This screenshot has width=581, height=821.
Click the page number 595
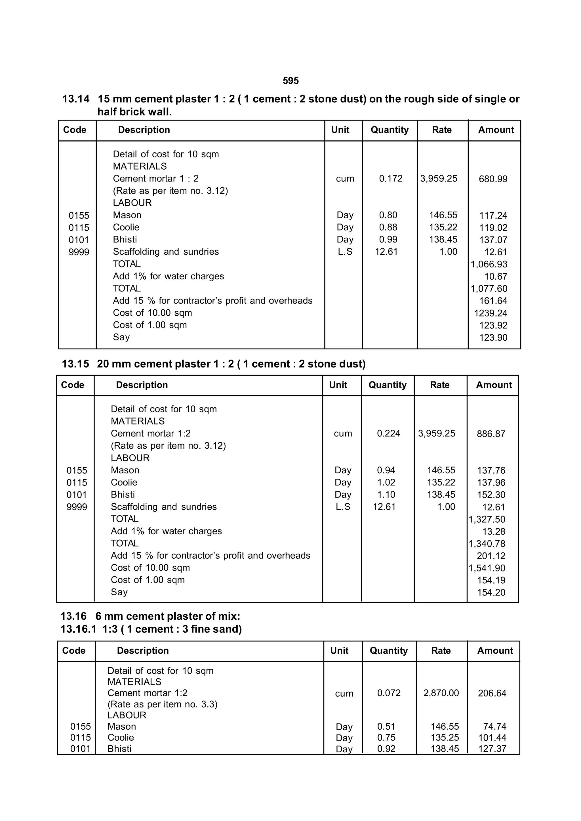pyautogui.click(x=290, y=81)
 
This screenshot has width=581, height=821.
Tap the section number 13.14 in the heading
pyautogui.click(x=76, y=99)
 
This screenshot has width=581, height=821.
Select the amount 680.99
pyautogui.click(x=493, y=179)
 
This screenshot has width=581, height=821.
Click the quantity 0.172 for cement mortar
pyautogui.click(x=391, y=178)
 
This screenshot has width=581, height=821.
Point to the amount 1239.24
pyautogui.click(x=491, y=313)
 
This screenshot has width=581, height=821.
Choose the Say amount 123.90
pyautogui.click(x=493, y=337)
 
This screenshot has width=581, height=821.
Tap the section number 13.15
pyautogui.click(x=75, y=364)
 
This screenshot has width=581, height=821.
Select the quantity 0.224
pyautogui.click(x=389, y=433)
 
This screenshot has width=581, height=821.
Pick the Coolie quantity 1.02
pyautogui.click(x=386, y=482)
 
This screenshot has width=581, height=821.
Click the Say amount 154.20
pyautogui.click(x=491, y=592)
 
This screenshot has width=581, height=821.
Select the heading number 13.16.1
pyautogui.click(x=78, y=629)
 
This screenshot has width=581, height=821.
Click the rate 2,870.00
pyautogui.click(x=441, y=693)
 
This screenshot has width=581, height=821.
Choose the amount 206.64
pyautogui.click(x=492, y=693)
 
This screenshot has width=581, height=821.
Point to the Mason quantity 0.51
pyautogui.click(x=386, y=727)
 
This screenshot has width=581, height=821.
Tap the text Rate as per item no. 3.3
pyautogui.click(x=163, y=704)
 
